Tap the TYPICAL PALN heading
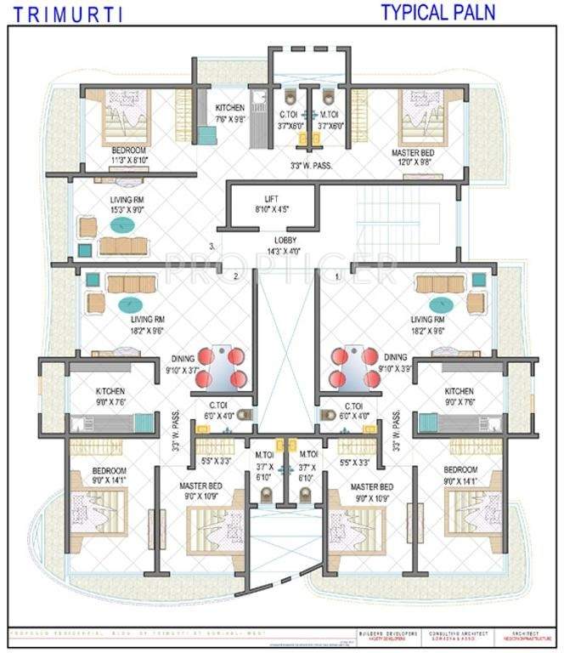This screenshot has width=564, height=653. pyautogui.click(x=437, y=12)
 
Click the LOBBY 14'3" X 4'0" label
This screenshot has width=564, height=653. pyautogui.click(x=272, y=246)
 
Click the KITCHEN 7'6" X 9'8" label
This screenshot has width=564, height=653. pyautogui.click(x=229, y=113)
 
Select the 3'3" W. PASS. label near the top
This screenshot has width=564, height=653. pyautogui.click(x=311, y=165)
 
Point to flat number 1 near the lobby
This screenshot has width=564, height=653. pyautogui.click(x=337, y=275)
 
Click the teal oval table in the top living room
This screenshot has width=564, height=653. pyautogui.click(x=121, y=226)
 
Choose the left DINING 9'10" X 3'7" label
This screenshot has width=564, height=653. pyautogui.click(x=182, y=364)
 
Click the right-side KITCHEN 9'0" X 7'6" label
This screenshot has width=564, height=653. pyautogui.click(x=463, y=396)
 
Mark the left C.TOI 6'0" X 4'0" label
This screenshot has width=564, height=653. pyautogui.click(x=212, y=412)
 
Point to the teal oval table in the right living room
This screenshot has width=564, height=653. pyautogui.click(x=442, y=304)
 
